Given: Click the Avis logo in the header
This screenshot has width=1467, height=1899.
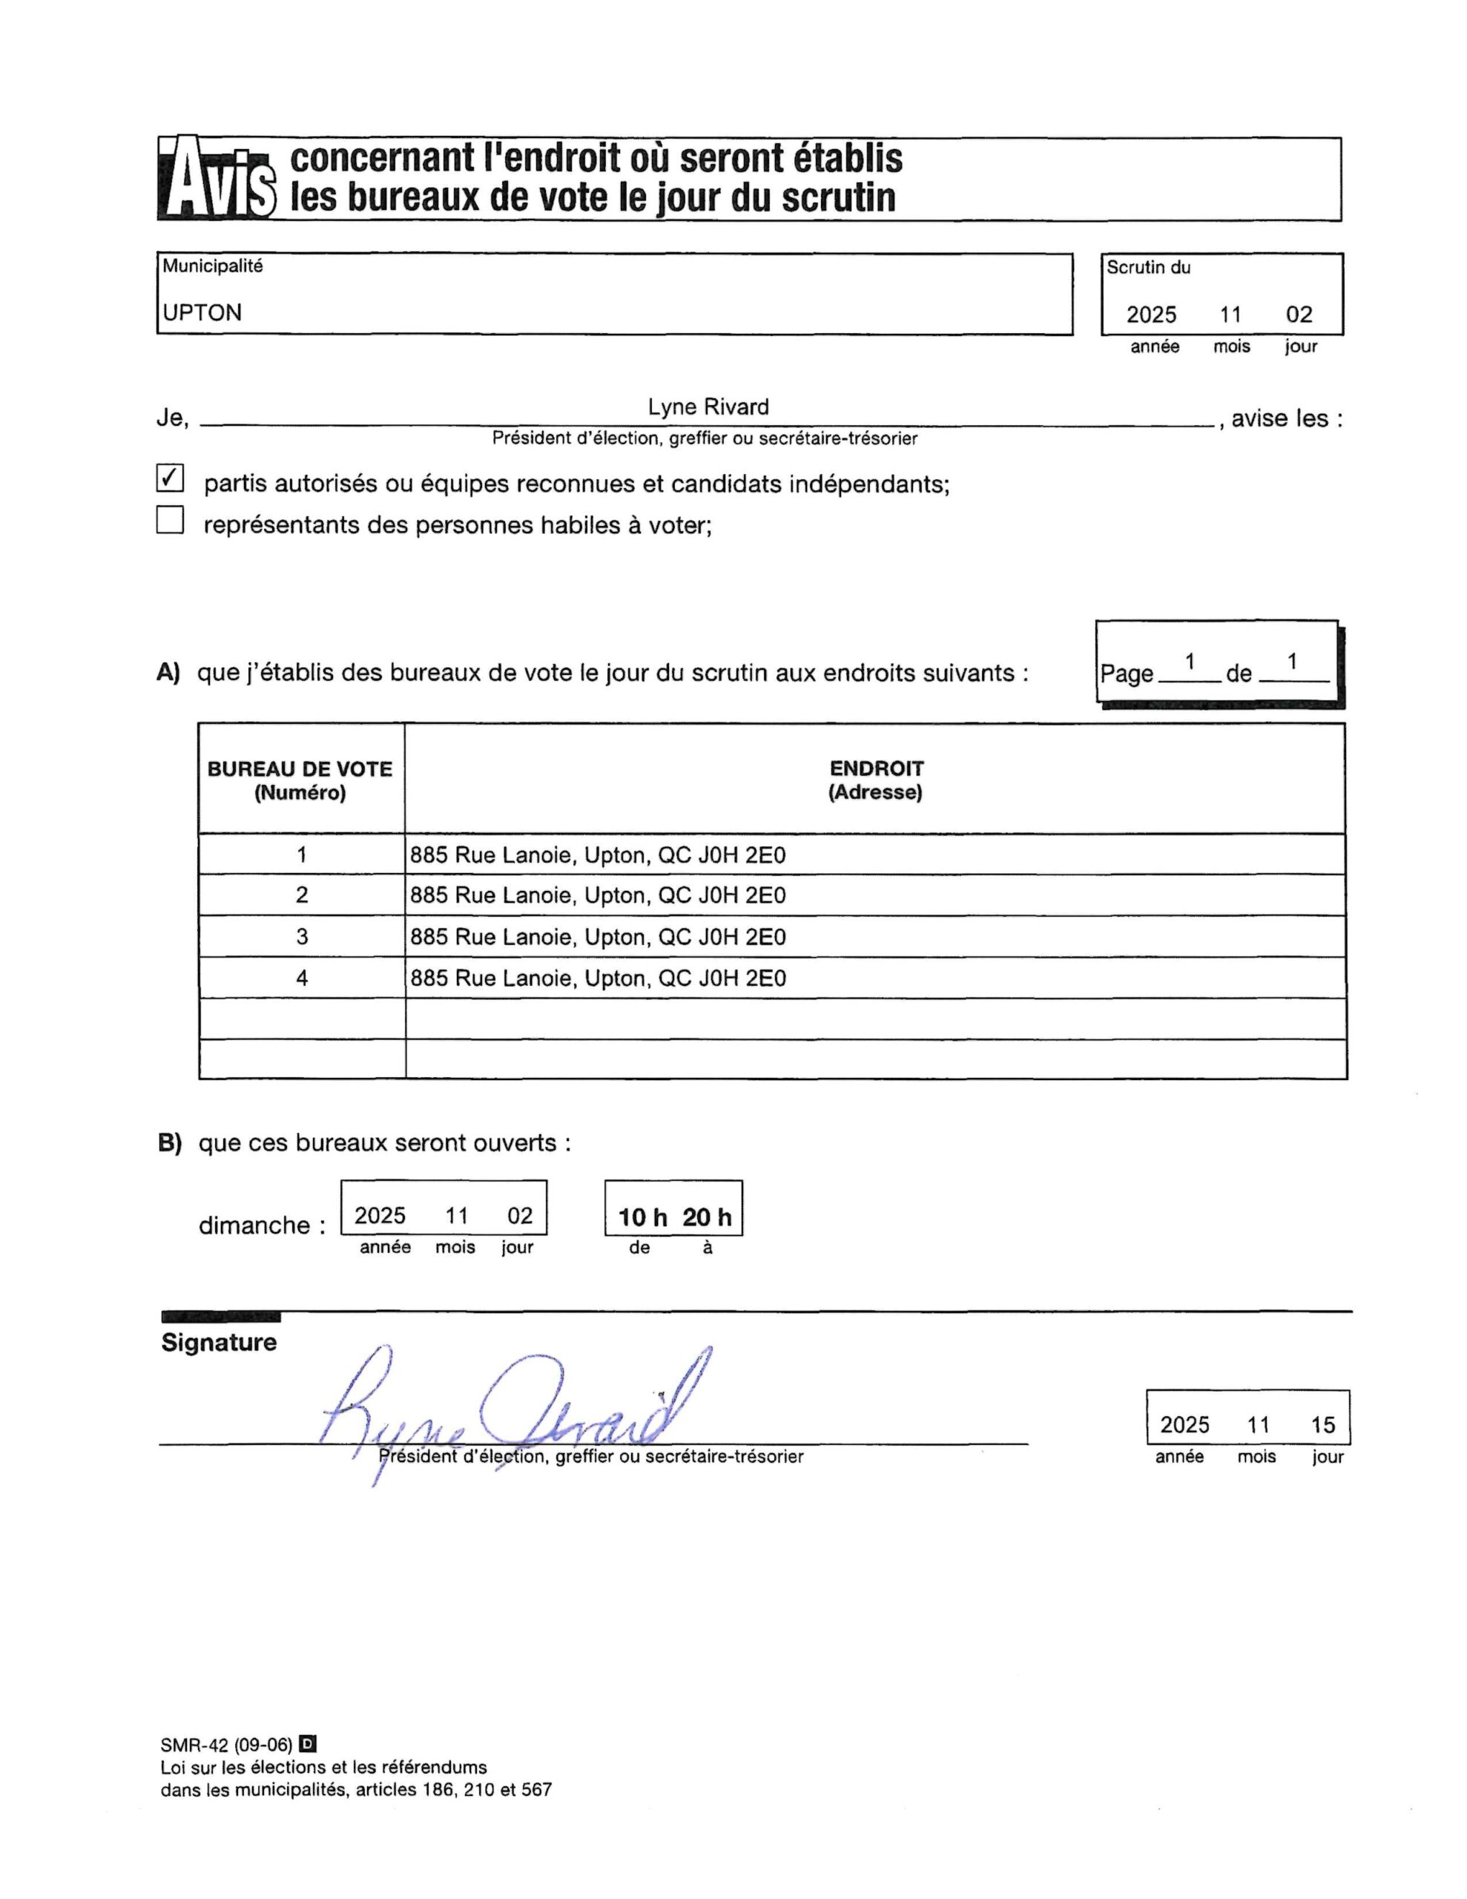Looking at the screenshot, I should click(217, 179).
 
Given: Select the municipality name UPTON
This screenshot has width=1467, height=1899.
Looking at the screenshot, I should click(202, 313).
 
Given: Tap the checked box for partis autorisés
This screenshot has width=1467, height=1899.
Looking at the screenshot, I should click(171, 478).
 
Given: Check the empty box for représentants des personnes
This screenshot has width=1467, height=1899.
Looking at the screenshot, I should click(171, 520).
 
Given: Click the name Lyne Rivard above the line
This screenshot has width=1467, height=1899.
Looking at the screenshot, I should click(708, 407).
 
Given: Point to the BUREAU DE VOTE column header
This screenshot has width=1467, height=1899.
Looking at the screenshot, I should click(300, 780).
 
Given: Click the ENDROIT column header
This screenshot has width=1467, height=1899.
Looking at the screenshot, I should click(875, 780).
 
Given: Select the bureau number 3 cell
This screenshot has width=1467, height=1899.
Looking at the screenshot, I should click(302, 936).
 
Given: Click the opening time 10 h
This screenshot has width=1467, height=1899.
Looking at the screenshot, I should click(642, 1217).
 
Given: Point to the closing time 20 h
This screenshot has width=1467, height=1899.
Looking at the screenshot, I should click(706, 1217).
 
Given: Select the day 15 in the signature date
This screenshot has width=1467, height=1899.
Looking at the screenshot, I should click(1322, 1425).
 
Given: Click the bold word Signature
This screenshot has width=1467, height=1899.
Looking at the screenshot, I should click(219, 1343).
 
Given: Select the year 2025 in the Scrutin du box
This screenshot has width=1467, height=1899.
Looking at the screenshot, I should click(1151, 315).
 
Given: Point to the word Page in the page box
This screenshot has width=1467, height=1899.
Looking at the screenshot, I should click(1126, 674).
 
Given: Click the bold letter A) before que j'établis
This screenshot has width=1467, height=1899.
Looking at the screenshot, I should click(168, 673).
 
